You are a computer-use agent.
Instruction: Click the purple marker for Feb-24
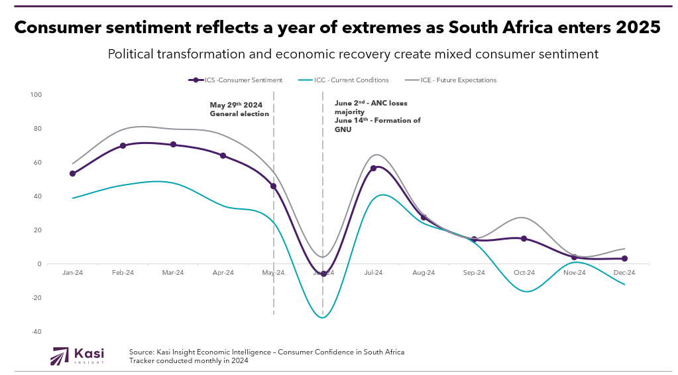pyautogui.click(x=123, y=145)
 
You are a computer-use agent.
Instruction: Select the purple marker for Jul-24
pyautogui.click(x=373, y=168)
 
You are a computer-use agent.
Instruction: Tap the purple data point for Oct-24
pyautogui.click(x=524, y=238)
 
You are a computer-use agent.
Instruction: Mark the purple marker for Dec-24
pyautogui.click(x=624, y=259)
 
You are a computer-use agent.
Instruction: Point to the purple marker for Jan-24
pyautogui.click(x=72, y=174)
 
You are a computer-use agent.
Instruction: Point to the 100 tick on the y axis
pyautogui.click(x=36, y=95)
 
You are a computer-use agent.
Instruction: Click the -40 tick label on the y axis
pyautogui.click(x=36, y=332)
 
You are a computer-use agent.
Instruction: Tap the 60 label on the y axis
pyautogui.click(x=37, y=163)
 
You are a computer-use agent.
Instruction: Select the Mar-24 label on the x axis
pyautogui.click(x=173, y=273)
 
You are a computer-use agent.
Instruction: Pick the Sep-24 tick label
pyautogui.click(x=473, y=273)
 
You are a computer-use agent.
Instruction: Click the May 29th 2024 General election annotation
pyautogui.click(x=239, y=110)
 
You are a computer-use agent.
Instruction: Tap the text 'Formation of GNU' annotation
pyautogui.click(x=377, y=125)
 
